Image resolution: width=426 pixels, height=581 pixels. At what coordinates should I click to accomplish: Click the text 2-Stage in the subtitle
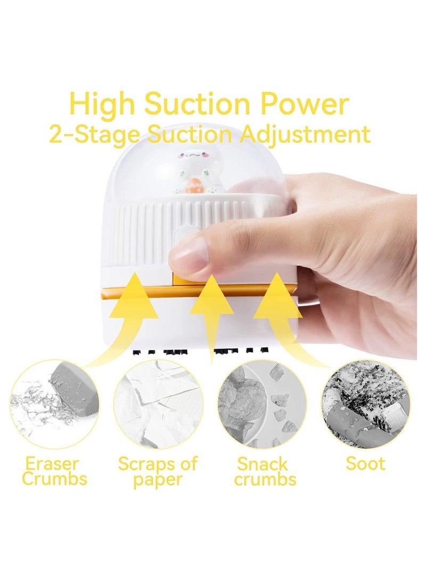tap(94, 134)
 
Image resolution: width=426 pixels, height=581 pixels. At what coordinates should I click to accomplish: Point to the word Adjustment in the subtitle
tap(305, 134)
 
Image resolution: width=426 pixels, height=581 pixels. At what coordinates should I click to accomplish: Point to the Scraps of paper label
tap(158, 470)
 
